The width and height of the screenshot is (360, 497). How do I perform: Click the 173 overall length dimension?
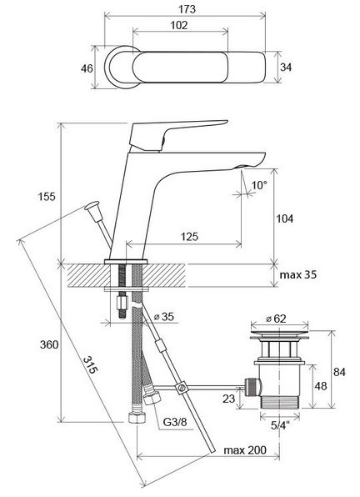tap(187, 9)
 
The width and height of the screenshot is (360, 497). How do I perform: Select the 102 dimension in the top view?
tap(179, 25)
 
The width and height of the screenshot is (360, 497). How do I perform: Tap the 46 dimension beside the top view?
tap(87, 68)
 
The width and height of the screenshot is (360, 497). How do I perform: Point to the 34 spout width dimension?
tap(286, 68)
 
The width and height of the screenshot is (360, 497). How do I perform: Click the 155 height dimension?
tap(47, 197)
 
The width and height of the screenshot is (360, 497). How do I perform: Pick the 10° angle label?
tap(259, 185)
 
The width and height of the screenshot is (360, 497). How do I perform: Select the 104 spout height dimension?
tap(285, 218)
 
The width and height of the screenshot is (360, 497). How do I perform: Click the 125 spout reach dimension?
tap(189, 237)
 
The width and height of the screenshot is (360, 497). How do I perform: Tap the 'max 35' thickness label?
tap(298, 274)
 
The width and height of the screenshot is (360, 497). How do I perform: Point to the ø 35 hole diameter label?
tap(163, 317)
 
